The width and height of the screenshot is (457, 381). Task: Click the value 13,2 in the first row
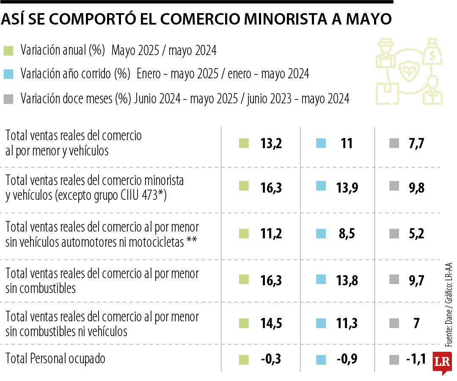coord(271,144)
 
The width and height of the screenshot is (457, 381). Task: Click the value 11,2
coord(271,234)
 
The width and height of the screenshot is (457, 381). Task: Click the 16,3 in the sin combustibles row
coord(271,280)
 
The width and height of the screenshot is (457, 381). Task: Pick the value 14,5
coord(271,323)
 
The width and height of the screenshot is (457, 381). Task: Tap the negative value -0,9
coord(347,359)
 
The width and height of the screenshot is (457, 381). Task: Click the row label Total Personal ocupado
coord(55,359)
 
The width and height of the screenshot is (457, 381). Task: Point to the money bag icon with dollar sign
coord(434,52)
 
